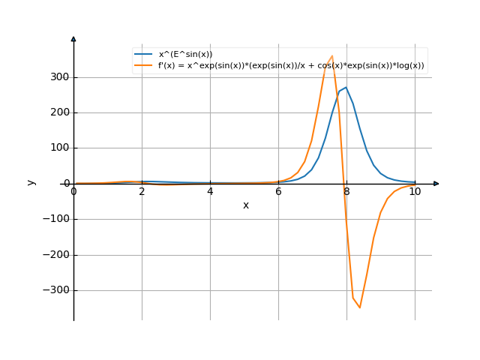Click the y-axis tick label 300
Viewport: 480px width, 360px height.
point(60,77)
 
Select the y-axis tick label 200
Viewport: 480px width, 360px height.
point(60,112)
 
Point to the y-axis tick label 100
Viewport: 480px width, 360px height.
point(60,148)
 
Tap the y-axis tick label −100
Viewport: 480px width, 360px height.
point(57,219)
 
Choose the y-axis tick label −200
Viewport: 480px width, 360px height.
point(57,254)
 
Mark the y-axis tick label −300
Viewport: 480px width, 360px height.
point(57,290)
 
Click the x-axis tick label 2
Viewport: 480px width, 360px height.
point(142,191)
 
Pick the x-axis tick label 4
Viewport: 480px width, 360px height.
point(210,191)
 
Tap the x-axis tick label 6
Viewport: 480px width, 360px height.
point(278,191)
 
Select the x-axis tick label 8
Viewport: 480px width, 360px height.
point(346,191)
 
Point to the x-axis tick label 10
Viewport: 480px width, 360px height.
point(415,191)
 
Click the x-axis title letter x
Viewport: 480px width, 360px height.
point(245,205)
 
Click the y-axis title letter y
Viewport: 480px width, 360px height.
point(31,182)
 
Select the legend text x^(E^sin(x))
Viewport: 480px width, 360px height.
point(185,54)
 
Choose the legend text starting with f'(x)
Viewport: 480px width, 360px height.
point(291,65)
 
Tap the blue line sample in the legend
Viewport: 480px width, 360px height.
point(144,54)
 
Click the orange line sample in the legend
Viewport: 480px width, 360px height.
point(144,65)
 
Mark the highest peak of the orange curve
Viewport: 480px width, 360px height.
point(332,55)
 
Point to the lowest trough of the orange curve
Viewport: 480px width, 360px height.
point(360,307)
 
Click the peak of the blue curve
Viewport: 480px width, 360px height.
point(346,87)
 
